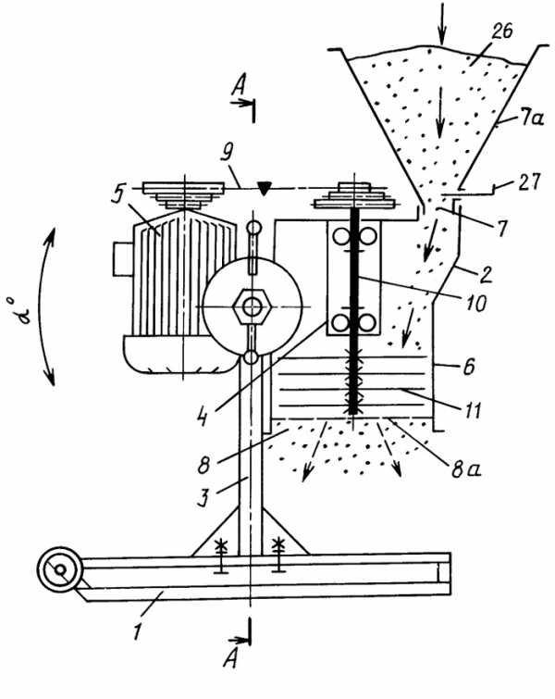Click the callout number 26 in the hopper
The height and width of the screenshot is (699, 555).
click(x=502, y=31)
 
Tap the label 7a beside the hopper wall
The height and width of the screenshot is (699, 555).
click(x=530, y=119)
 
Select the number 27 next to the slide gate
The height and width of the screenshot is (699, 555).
click(x=528, y=181)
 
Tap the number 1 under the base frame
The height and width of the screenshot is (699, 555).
click(x=138, y=631)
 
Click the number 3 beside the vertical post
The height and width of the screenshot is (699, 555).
click(x=203, y=497)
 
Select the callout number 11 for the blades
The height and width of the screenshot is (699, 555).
click(x=472, y=410)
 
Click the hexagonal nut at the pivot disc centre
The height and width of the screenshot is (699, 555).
click(x=253, y=307)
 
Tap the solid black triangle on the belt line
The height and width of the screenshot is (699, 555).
click(x=265, y=188)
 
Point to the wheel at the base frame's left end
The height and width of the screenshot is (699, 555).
click(x=60, y=569)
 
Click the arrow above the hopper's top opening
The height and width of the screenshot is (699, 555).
click(x=441, y=23)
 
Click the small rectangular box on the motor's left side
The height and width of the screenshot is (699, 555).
click(x=123, y=258)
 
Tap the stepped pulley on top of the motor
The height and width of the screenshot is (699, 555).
click(x=183, y=194)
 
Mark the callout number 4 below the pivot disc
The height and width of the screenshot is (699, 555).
click(x=203, y=417)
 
